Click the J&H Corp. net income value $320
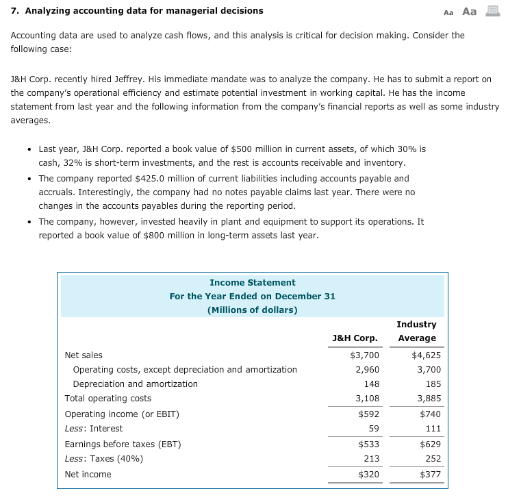click(368, 474)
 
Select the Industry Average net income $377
click(430, 474)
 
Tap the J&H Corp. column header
click(355, 338)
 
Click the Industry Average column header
click(416, 331)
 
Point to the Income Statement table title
click(252, 282)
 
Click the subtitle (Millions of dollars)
click(252, 310)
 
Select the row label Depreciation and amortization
click(135, 384)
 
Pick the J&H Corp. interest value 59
click(373, 429)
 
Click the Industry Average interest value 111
click(433, 429)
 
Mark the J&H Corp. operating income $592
click(368, 414)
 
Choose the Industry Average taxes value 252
click(433, 459)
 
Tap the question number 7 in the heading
click(14, 10)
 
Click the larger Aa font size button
click(470, 11)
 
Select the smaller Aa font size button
click(448, 12)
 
